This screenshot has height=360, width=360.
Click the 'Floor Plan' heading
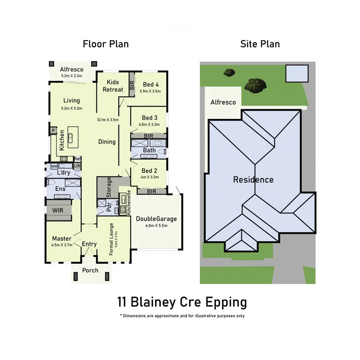106,44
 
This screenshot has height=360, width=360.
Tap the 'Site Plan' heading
260,44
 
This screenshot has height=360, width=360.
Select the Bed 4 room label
151,84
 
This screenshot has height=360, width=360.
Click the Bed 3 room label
150,118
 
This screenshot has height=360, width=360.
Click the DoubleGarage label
156,219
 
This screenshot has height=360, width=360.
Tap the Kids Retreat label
113,86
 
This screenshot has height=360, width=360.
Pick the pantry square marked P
53,130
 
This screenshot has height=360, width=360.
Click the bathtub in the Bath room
157,143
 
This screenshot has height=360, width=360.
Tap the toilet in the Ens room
51,182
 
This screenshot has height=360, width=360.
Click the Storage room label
108,187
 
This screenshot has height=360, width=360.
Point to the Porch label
90,270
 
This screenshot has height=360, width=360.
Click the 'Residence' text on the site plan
253,180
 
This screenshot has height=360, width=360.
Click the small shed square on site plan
297,73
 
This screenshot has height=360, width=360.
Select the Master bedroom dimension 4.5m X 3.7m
62,245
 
